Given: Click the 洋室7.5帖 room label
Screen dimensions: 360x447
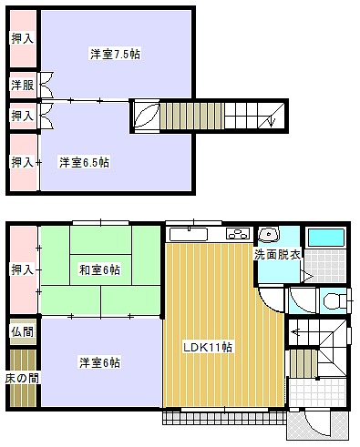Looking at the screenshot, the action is pos(115,54).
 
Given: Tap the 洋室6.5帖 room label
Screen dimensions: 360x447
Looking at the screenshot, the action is pos(84,162).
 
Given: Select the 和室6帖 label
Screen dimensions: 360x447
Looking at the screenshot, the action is pos(99,269).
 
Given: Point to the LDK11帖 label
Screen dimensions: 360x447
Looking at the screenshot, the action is pos(208,347).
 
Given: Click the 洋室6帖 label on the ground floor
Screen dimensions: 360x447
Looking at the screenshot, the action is pos(99,362).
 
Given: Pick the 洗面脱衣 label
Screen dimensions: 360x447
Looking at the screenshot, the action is pos(277,254).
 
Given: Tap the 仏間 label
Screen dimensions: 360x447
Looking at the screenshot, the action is pos(23,331).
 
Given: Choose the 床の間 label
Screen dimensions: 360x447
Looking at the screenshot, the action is pos(23,378).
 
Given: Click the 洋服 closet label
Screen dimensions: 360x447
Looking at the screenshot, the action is pos(23,85).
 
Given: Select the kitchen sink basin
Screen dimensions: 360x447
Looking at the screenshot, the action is pos(189,234).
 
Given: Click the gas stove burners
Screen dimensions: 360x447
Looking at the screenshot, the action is pos(238,234).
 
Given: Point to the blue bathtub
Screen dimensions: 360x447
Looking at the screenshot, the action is pos(326,238).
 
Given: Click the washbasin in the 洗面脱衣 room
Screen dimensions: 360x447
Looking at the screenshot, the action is pos(269,234).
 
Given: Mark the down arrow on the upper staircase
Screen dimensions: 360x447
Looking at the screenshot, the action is pos(272,119).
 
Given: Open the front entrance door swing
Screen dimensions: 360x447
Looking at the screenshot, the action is pos(317,425).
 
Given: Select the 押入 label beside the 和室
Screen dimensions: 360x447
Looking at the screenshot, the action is pos(23,269).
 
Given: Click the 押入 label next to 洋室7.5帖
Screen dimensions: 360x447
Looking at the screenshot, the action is pos(23,38).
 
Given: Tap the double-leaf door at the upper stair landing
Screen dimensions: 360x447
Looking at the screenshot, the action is pos(147,116).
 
